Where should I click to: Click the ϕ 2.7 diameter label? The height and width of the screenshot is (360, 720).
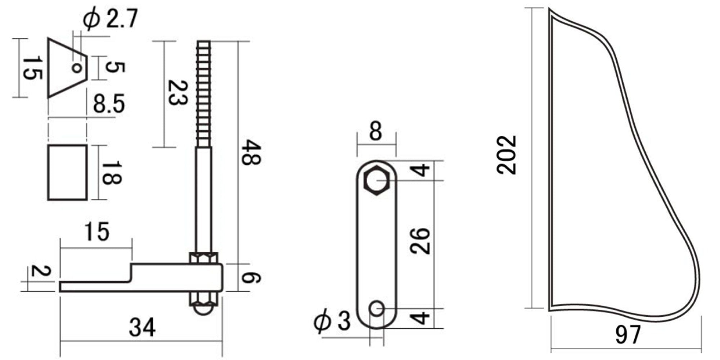[x=110, y=19]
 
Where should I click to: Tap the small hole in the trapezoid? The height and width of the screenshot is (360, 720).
[x=76, y=67]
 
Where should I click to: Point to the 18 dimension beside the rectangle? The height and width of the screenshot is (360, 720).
[x=111, y=173]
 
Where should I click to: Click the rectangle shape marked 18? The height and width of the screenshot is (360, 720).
[x=68, y=172]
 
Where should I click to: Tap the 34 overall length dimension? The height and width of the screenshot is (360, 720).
[x=142, y=328]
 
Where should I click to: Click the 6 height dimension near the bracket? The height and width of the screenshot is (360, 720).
[x=251, y=278]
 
